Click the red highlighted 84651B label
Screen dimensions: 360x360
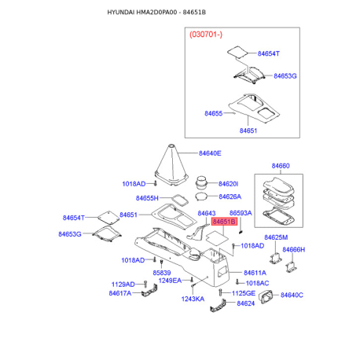pos(224,222)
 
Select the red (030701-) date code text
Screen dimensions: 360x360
pos(206,35)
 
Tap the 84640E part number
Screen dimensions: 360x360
pos(210,153)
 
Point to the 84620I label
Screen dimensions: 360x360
pos(228,184)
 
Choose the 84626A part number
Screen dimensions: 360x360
pos(230,197)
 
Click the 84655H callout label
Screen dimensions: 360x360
pos(147,198)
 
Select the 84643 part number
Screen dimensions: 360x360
pos(207,213)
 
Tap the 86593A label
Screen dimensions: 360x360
pos(241,213)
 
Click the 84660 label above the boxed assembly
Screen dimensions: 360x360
pos(281,166)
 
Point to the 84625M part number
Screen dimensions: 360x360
pos(276,237)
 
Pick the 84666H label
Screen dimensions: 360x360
pos(294,250)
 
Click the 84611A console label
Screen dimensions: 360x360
pos(255,273)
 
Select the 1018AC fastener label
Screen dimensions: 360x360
pos(257,283)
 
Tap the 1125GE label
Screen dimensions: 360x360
pos(244,293)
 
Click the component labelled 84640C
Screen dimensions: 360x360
pos(266,297)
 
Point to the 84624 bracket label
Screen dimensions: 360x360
pos(246,303)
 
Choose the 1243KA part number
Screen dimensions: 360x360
pos(193,299)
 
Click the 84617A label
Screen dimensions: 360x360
pos(120,293)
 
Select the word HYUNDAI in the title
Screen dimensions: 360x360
pos(121,13)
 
